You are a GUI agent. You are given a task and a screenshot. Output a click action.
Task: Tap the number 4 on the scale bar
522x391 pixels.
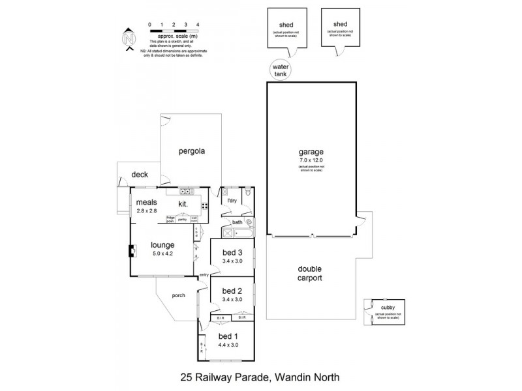[197, 24]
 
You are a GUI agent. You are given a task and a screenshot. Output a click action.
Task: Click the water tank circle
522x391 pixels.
[281, 69]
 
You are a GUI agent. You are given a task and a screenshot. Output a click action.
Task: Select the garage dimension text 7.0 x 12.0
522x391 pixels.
[311, 159]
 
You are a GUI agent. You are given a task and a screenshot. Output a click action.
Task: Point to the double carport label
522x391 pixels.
[311, 273]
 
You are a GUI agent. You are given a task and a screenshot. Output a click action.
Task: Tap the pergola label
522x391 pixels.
[192, 151]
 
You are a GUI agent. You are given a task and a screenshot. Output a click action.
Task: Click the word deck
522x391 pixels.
[140, 175]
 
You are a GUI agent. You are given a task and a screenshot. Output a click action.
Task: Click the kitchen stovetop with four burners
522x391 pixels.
[204, 206]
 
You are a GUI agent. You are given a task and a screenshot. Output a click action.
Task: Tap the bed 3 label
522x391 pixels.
[232, 253]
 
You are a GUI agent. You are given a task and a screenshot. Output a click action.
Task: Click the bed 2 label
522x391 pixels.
[232, 291]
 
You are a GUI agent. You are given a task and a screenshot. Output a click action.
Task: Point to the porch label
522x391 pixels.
[179, 295]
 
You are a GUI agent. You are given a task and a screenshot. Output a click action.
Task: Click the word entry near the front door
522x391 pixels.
[204, 274]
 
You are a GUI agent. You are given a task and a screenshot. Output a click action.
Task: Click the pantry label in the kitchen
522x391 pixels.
[182, 220]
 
